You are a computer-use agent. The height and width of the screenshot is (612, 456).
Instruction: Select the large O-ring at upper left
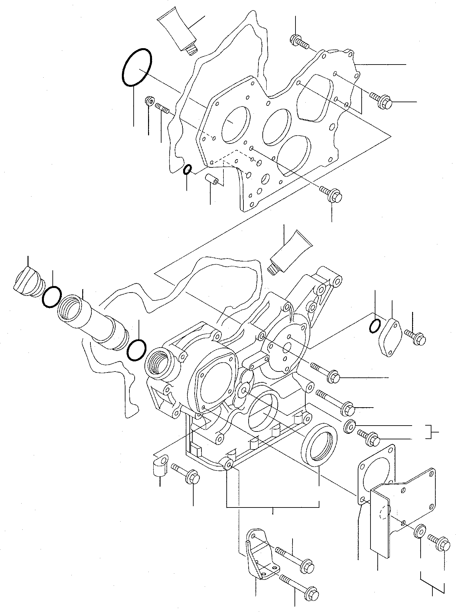coord(137,67)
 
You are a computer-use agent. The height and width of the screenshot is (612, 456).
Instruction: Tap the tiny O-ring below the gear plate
coord(187,170)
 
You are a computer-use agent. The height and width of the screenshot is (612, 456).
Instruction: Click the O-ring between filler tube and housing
coord(136,350)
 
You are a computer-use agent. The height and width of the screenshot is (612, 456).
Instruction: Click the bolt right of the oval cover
coord(415,337)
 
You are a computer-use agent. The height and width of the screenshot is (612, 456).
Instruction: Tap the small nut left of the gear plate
coord(149,101)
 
